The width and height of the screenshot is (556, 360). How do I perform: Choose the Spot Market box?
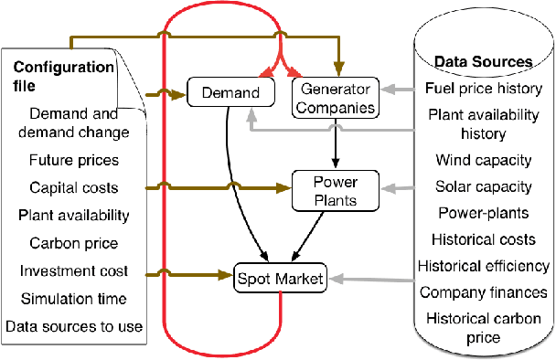click(x=281, y=278)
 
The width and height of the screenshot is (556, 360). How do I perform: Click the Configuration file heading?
click(x=63, y=76)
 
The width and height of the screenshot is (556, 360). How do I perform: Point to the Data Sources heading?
click(x=483, y=62)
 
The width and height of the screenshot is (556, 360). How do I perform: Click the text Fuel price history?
click(x=484, y=89)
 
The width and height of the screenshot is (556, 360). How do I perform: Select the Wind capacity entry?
click(x=484, y=160)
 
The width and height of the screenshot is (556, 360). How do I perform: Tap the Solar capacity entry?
click(x=484, y=186)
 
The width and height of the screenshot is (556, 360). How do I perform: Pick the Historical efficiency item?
click(x=484, y=266)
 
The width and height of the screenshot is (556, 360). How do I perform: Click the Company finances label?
click(x=484, y=292)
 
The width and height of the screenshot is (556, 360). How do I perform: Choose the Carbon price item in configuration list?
click(x=72, y=244)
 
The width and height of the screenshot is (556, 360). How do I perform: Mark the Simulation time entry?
click(x=72, y=299)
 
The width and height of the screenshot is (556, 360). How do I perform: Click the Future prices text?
click(x=73, y=161)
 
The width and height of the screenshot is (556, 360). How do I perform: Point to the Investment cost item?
click(x=72, y=271)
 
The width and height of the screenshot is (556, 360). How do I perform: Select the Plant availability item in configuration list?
click(x=73, y=217)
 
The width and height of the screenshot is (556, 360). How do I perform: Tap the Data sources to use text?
click(x=73, y=326)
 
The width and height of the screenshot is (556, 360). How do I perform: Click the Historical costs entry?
click(x=484, y=239)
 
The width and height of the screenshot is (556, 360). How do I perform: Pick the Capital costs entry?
click(x=73, y=188)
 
